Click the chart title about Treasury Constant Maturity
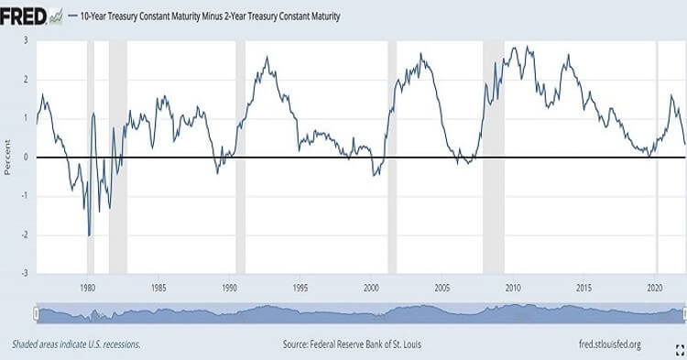211,16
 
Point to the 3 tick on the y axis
26,40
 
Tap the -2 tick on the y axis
25,235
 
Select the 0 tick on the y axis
26,158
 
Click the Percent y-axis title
7,158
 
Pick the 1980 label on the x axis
88,288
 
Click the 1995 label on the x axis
300,288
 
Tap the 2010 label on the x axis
513,288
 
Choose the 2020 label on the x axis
655,288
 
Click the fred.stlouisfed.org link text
610,344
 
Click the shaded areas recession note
76,344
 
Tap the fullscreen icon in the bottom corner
680,350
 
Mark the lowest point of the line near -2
90,236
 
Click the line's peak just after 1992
267,57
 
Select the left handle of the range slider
37,313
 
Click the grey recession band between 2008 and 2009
494,157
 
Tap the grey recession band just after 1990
241,157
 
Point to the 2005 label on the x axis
442,288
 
